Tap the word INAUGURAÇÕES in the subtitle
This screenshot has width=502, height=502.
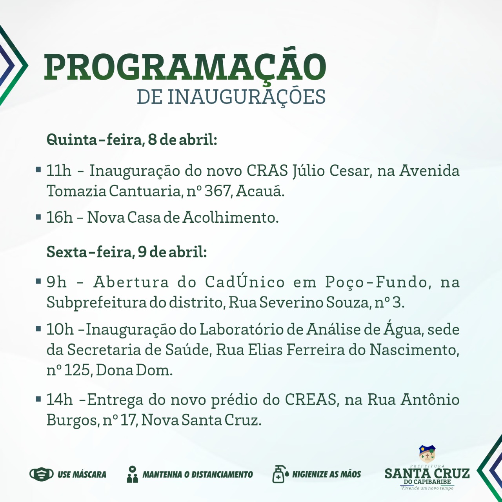click(x=246, y=96)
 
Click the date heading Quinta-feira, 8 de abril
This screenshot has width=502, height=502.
click(x=132, y=140)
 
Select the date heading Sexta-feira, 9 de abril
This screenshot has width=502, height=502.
click(x=127, y=252)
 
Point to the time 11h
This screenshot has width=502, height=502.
click(x=59, y=171)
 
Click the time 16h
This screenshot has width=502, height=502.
click(x=59, y=217)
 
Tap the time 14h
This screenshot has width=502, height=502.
click(x=59, y=400)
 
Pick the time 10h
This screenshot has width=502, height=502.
click(x=60, y=329)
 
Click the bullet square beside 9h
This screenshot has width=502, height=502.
click(x=38, y=281)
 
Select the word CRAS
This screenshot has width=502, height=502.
click(x=267, y=171)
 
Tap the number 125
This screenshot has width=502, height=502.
click(x=77, y=370)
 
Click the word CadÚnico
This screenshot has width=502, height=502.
click(x=245, y=281)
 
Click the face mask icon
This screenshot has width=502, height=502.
click(x=42, y=474)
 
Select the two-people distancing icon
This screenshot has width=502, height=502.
click(x=132, y=474)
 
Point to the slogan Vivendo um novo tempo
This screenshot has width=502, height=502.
click(x=427, y=488)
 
